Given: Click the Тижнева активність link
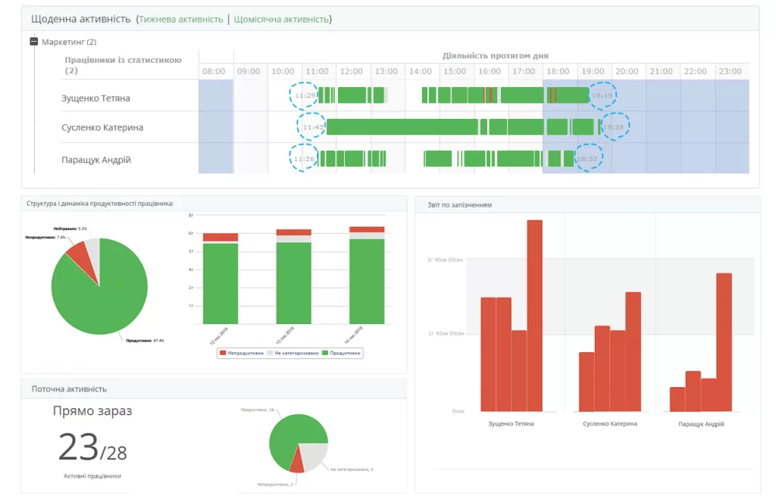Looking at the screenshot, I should click(180, 19).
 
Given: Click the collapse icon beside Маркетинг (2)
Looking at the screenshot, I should click(33, 42).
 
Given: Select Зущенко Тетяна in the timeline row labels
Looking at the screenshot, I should click(95, 98).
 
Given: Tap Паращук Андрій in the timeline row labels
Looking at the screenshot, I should click(96, 160).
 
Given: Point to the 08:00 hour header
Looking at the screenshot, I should click(214, 71).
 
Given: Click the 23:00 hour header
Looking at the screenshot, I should click(730, 71).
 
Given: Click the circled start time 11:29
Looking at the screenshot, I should click(305, 95).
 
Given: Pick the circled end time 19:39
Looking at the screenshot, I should click(615, 126).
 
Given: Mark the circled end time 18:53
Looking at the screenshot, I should click(588, 159).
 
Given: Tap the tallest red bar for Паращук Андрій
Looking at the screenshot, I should click(724, 341).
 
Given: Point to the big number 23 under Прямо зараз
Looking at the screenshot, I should click(79, 447).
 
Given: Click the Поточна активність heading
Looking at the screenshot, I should click(69, 388).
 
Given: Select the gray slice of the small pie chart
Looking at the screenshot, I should click(314, 454).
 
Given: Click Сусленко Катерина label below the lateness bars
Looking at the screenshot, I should click(609, 424).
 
